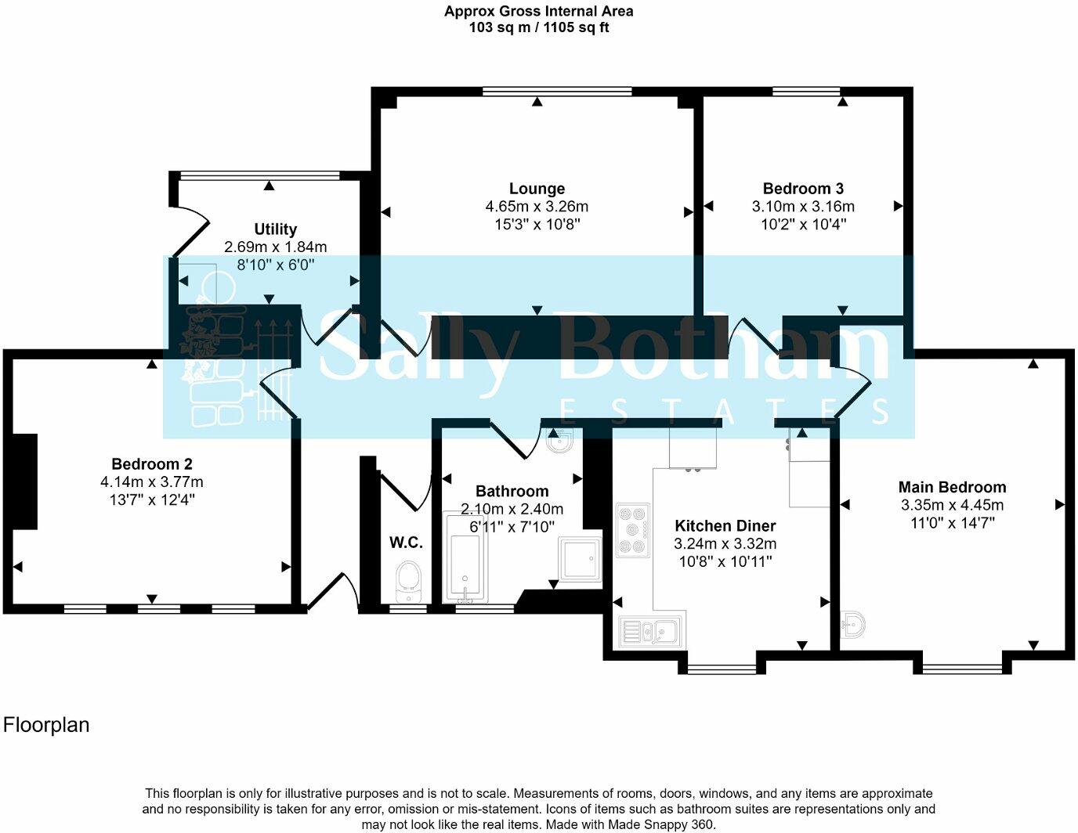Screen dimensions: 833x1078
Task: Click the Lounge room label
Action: [537, 189]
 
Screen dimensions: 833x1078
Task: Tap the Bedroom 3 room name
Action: [803, 189]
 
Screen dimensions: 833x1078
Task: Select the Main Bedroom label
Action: [952, 487]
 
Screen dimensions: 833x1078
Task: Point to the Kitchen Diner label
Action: [725, 526]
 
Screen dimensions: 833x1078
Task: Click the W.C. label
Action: [406, 543]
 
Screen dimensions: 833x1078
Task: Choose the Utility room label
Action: [275, 229]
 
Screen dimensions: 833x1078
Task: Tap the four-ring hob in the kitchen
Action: [633, 530]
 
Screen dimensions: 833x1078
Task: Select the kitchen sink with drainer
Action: [651, 629]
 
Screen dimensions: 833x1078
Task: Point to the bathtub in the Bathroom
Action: [465, 557]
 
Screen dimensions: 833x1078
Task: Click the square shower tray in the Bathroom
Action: [580, 561]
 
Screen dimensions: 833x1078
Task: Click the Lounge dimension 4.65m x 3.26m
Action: [537, 207]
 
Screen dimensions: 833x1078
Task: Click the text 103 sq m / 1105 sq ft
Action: [538, 27]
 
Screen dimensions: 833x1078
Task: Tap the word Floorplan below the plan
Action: [46, 725]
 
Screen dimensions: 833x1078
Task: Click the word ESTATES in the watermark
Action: [725, 411]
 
